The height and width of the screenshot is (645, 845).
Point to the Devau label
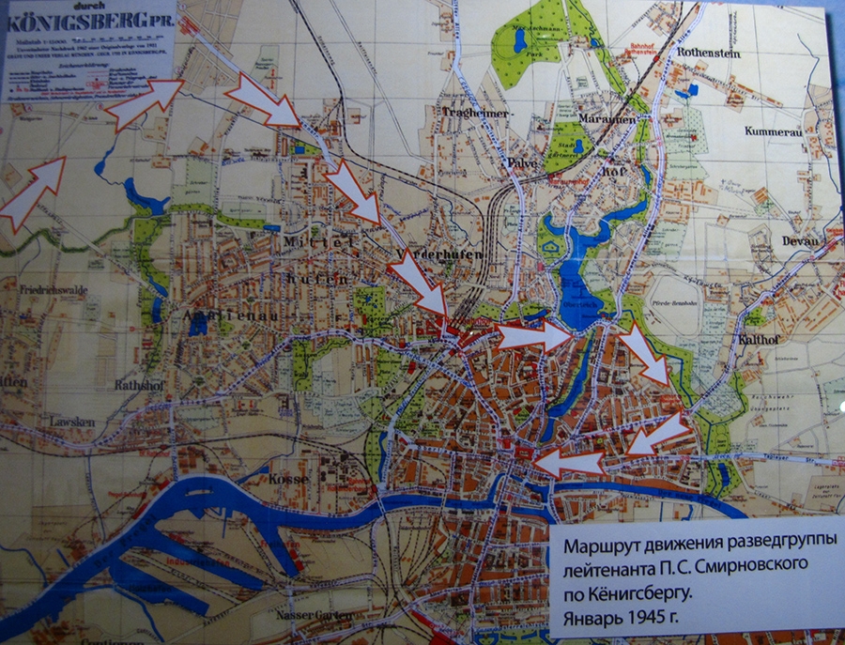800,241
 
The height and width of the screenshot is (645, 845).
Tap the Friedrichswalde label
54,291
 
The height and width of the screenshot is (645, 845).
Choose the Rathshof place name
139,384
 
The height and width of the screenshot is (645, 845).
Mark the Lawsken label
73,422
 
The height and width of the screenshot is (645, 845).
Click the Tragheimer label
475,113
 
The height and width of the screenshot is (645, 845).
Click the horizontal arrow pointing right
531,336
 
